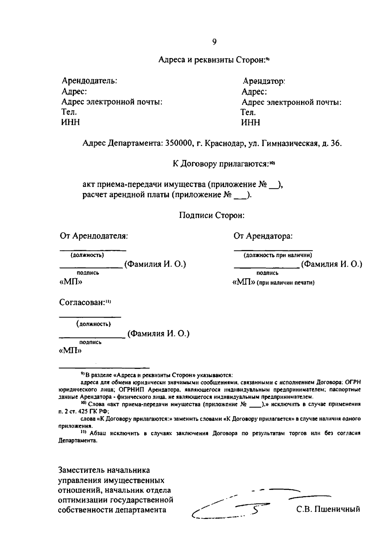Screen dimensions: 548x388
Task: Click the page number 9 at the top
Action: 214,42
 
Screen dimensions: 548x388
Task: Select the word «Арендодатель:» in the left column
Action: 89,81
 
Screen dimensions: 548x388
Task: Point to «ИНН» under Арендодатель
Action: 70,122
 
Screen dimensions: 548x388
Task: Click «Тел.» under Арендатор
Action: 248,112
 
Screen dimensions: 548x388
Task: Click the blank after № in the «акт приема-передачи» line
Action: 273,185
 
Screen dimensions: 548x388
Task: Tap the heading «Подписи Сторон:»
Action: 212,215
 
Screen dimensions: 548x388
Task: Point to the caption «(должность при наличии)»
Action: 278,255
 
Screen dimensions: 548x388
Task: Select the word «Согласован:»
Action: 82,303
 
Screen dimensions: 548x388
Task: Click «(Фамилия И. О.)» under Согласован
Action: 158,334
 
